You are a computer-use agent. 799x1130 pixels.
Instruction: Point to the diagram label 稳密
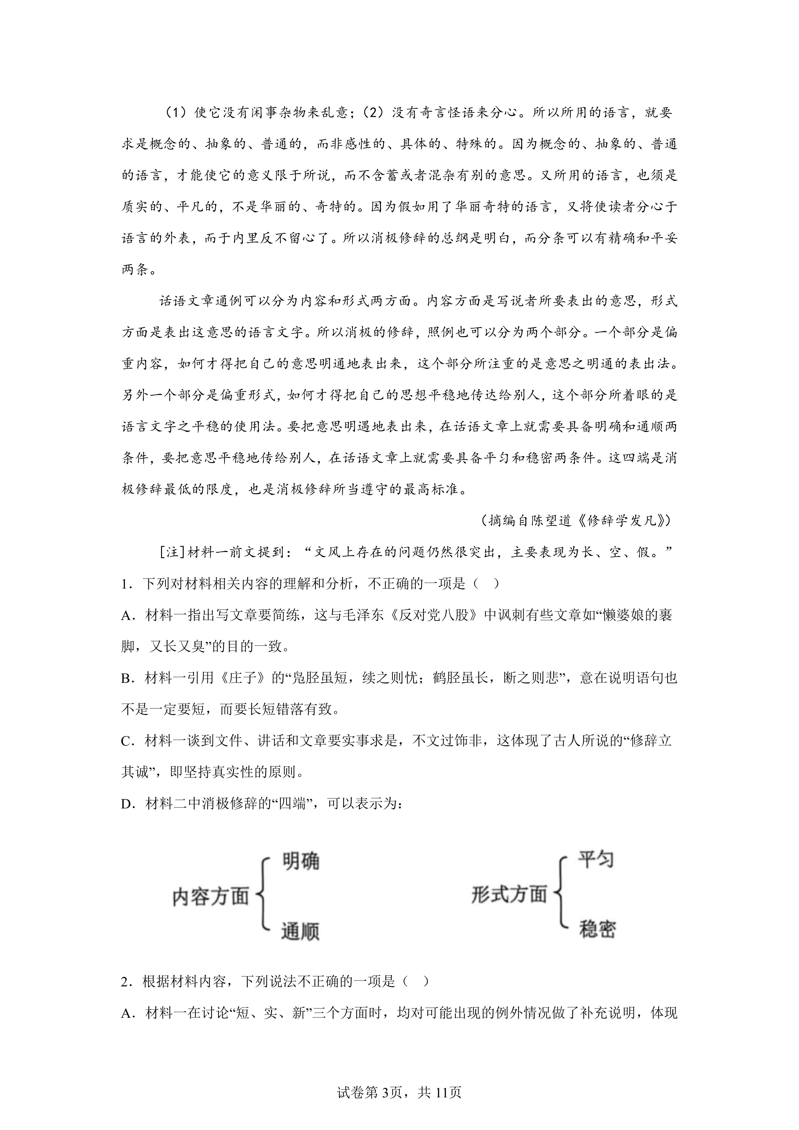597,929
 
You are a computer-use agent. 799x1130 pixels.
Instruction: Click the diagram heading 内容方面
211,897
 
